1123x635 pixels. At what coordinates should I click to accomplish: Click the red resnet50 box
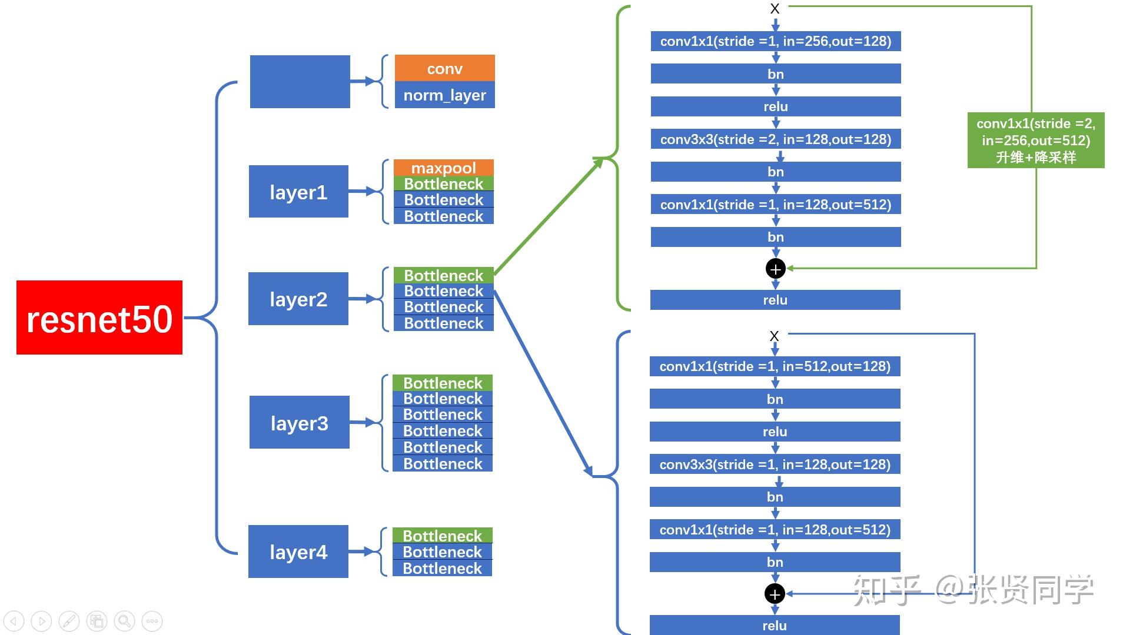point(99,317)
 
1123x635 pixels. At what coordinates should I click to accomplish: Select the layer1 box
point(298,192)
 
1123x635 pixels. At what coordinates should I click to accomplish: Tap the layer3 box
point(299,422)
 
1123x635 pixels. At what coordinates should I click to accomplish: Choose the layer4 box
point(298,552)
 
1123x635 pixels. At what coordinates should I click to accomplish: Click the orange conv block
point(444,68)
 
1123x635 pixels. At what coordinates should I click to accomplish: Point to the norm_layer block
point(444,95)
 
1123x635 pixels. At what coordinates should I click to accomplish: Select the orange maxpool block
point(443,168)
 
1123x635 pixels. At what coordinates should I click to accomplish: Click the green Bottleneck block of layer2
point(443,275)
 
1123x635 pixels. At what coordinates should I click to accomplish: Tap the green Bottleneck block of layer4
point(442,536)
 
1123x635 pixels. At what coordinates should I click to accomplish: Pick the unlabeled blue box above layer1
point(300,82)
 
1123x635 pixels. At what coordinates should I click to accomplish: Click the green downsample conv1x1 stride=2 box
point(1035,140)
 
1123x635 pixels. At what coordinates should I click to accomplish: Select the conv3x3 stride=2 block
point(775,139)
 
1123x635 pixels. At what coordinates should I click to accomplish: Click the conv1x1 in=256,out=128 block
point(775,41)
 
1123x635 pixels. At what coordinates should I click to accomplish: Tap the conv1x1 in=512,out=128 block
point(775,366)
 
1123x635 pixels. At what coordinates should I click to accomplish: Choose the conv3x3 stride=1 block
point(775,464)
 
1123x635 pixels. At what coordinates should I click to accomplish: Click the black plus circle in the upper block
point(775,269)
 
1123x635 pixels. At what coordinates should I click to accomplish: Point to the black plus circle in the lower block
point(775,594)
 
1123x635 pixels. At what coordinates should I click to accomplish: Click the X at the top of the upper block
point(775,9)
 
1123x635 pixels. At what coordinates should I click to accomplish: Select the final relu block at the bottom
point(775,625)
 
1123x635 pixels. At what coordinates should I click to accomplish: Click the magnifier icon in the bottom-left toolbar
point(124,621)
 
